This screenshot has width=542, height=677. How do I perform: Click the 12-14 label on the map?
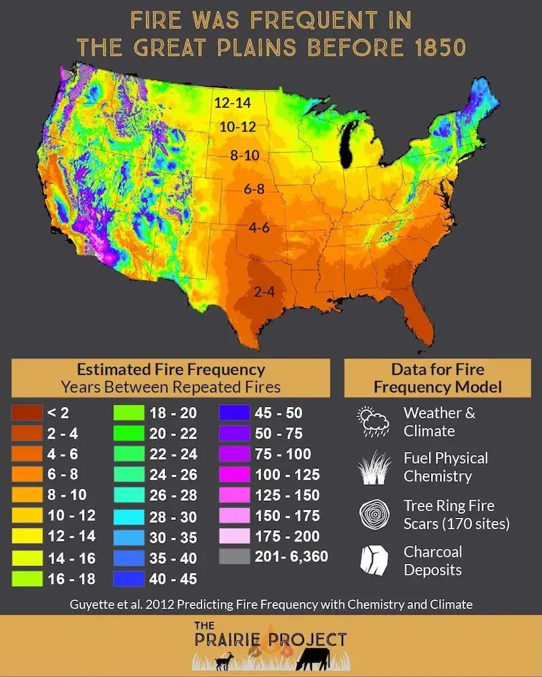click(231, 104)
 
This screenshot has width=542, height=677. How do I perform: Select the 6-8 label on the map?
click(254, 190)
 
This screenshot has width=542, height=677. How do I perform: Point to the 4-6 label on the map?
click(259, 228)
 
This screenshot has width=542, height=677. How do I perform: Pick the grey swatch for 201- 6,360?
click(234, 557)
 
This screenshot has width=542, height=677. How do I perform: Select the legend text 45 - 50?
click(279, 413)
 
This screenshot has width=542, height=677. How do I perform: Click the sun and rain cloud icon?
click(371, 421)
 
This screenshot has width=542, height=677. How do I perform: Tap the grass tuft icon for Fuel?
click(371, 468)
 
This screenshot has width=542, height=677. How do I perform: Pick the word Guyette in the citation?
click(93, 605)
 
